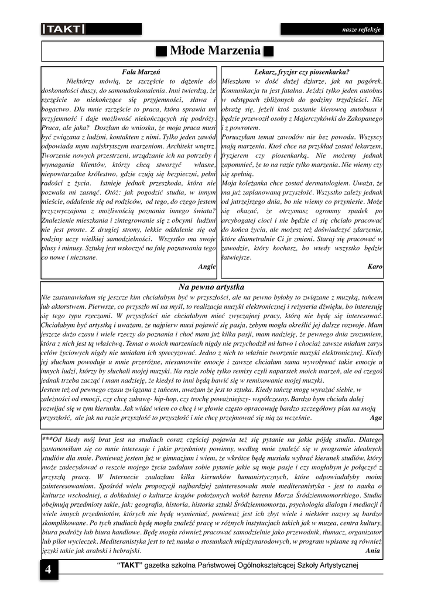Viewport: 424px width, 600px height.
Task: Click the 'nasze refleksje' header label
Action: (361, 29)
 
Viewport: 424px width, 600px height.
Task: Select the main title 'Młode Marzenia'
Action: (215, 51)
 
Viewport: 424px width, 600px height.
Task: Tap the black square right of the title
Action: (269, 52)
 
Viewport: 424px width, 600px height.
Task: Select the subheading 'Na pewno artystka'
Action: (211, 287)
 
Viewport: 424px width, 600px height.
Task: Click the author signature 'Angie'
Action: (207, 266)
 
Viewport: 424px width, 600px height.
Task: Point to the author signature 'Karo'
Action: (375, 266)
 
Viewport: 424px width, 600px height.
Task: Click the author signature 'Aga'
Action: (376, 418)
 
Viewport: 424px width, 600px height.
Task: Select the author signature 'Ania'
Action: (372, 551)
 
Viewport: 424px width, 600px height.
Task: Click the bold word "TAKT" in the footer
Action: (128, 565)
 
